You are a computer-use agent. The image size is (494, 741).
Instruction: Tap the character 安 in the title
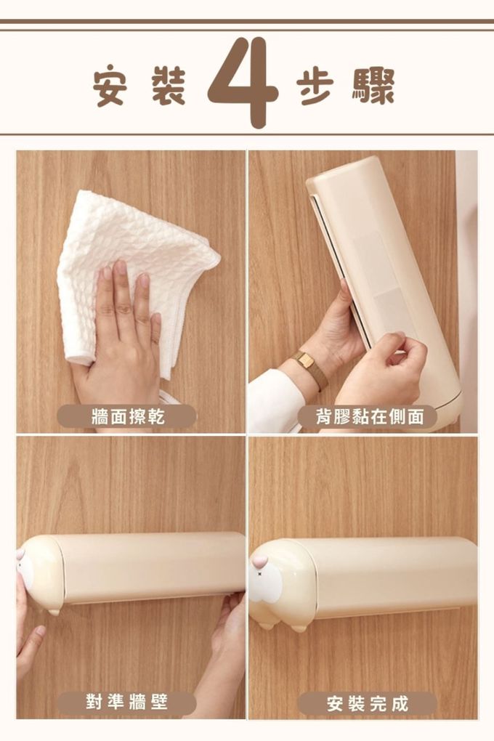point(110,88)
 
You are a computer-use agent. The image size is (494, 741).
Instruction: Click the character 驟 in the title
point(373,87)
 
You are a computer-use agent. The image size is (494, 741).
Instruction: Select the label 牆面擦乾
point(128,417)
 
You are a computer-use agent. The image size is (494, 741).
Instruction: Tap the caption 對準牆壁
point(126,702)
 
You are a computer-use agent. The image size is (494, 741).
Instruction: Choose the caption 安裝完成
point(368,704)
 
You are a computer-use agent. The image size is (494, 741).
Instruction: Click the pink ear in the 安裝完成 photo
point(259,562)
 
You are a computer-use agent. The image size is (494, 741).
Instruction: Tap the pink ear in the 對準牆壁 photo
point(20,554)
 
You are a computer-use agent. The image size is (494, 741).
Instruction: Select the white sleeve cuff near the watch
point(274,402)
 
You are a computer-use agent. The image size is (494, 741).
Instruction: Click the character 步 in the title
point(315,88)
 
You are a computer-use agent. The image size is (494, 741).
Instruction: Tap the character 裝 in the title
point(168,87)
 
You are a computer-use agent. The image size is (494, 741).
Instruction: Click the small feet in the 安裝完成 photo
point(283,627)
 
